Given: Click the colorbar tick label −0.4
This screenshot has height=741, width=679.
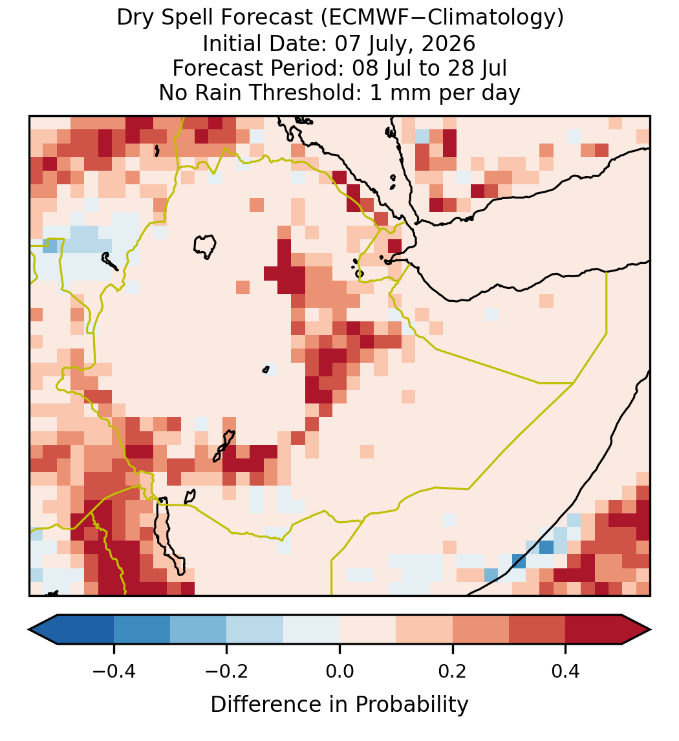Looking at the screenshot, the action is click(x=113, y=671).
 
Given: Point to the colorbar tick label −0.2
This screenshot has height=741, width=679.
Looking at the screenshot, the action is click(x=226, y=671).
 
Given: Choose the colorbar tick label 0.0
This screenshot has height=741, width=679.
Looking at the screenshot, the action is click(x=339, y=671).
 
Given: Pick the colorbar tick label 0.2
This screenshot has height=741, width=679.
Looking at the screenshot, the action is click(x=453, y=671).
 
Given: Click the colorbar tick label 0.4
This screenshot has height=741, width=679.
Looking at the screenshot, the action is click(x=566, y=671).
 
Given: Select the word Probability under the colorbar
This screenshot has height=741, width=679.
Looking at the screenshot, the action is click(x=411, y=705).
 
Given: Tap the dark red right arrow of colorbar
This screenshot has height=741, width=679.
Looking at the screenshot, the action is click(x=636, y=630).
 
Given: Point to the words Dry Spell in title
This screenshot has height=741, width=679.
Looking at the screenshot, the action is click(x=165, y=19).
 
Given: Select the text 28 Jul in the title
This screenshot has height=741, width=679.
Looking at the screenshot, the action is click(x=476, y=69).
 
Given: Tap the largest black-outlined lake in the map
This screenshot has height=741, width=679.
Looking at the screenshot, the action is click(x=205, y=246).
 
